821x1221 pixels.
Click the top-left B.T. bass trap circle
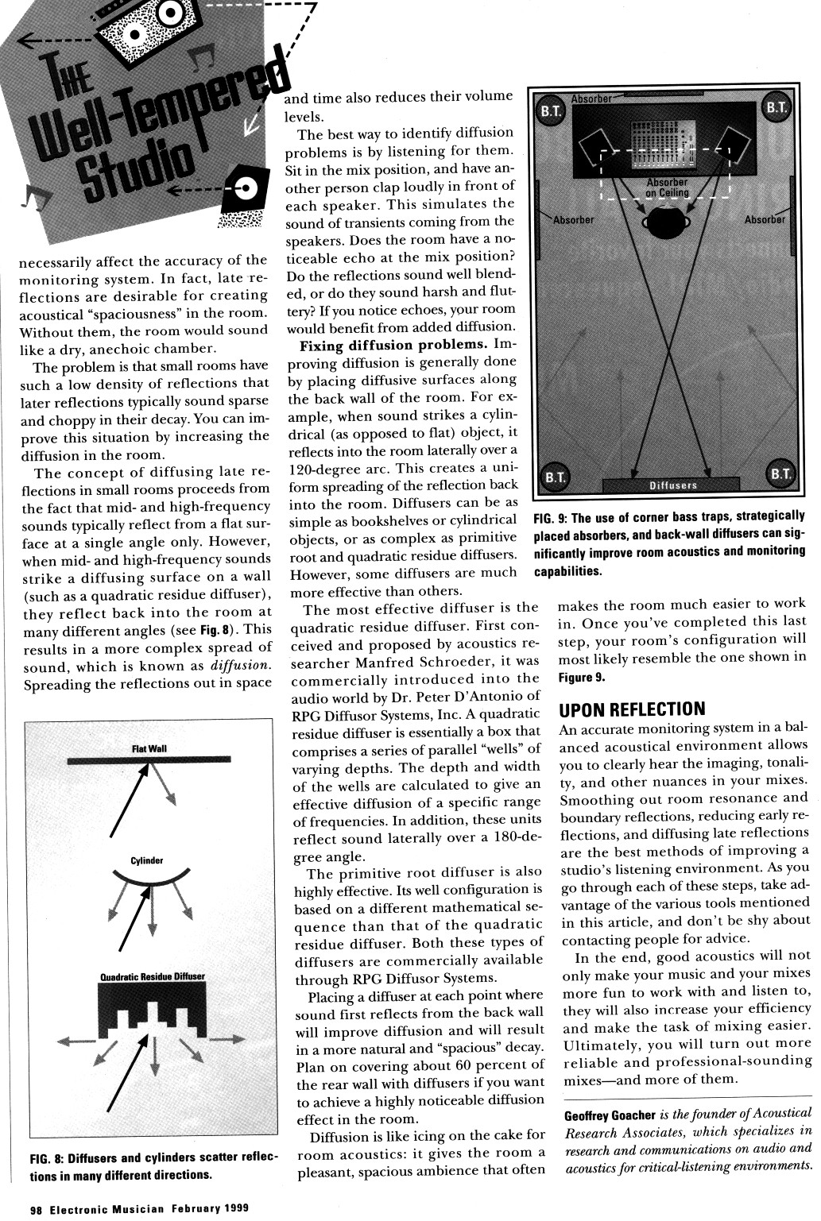[x=552, y=110]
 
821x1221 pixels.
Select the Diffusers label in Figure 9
[x=672, y=485]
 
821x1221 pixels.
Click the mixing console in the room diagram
[x=662, y=145]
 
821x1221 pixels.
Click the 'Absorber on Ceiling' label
[x=667, y=187]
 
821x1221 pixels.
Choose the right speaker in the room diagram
[x=733, y=146]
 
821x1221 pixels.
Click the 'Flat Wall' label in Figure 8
[x=149, y=748]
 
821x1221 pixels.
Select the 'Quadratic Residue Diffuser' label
[x=153, y=976]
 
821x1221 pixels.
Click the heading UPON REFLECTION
[x=633, y=709]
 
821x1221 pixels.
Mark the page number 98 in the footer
[x=36, y=1208]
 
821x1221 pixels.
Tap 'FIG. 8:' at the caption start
[x=46, y=1159]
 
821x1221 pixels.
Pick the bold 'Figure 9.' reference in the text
[x=583, y=677]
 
